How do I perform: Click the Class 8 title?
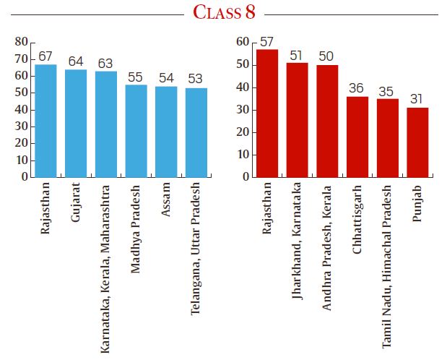tap(224, 14)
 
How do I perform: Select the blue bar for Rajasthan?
tap(45, 121)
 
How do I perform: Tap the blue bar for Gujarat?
tap(76, 123)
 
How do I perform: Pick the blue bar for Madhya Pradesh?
tap(136, 131)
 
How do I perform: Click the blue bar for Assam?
tap(166, 132)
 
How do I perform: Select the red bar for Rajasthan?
tap(267, 113)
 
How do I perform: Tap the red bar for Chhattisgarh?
tap(357, 137)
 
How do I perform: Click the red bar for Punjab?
tap(417, 142)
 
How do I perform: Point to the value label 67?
tap(45, 56)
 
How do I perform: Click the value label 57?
tap(267, 42)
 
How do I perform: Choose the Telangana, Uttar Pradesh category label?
tap(195, 247)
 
